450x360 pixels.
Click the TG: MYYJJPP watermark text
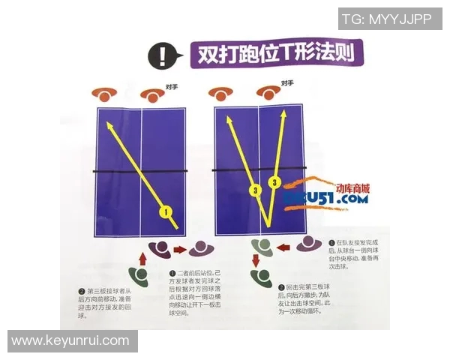coord(387,19)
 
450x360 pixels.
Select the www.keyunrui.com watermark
coord(70,340)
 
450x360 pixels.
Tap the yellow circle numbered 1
coord(166,211)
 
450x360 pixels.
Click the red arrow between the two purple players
coord(179,248)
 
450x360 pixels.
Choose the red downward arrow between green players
coord(255,261)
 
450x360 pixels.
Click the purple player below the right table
coord(307,244)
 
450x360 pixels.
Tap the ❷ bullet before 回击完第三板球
coord(280,287)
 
